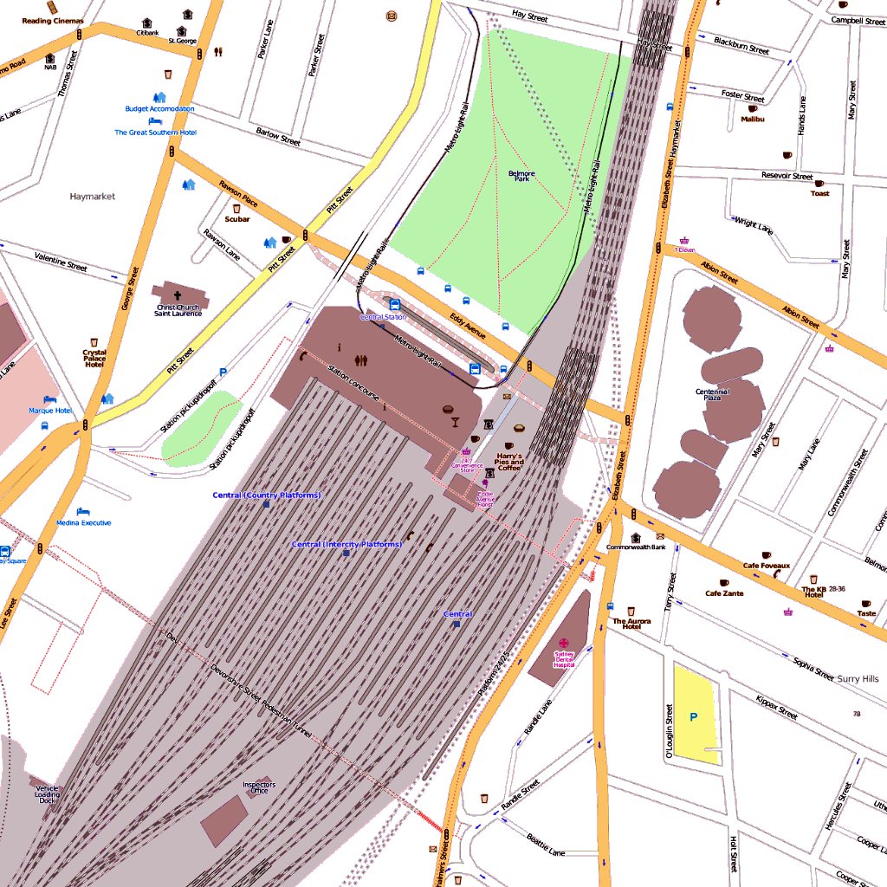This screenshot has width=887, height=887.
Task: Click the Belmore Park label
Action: coord(521,176)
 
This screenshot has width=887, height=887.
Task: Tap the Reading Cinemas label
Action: coord(53,21)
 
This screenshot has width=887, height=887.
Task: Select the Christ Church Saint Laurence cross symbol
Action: coord(178,295)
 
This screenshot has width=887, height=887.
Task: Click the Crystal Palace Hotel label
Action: coord(94,359)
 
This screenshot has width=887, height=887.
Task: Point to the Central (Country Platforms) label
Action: coord(267,495)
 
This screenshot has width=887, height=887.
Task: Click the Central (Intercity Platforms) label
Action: coord(346,544)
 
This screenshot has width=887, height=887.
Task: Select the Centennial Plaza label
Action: coord(713,395)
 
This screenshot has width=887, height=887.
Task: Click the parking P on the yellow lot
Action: coord(693,716)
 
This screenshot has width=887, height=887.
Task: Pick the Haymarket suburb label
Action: coord(92,197)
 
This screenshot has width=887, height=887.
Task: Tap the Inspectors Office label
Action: coord(259,787)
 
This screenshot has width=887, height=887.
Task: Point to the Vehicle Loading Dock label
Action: coord(48,793)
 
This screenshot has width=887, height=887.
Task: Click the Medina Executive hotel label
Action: coord(84,523)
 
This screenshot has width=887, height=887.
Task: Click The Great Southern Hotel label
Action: coord(156,133)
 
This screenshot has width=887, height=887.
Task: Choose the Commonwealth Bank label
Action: coord(636,547)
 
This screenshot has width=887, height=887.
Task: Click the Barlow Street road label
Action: coord(278,136)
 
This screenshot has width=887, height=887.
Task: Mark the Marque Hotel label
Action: coord(50,411)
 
